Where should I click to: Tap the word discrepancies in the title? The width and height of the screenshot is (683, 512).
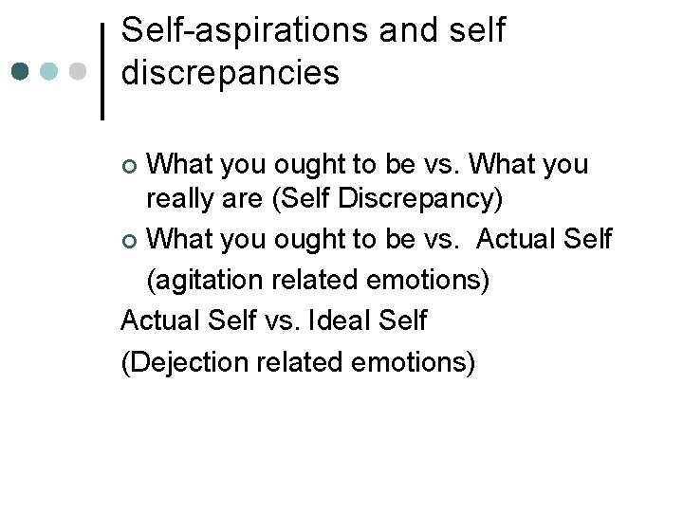[x=231, y=73]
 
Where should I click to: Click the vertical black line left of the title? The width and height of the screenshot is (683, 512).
[x=102, y=72]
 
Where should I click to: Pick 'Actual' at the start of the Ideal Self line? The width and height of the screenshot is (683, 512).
[x=159, y=321]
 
